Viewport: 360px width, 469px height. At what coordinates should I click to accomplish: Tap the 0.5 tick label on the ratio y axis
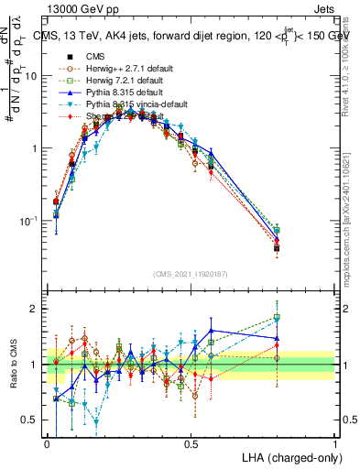(33, 420)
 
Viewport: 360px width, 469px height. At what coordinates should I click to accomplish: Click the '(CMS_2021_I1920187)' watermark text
(191, 274)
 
